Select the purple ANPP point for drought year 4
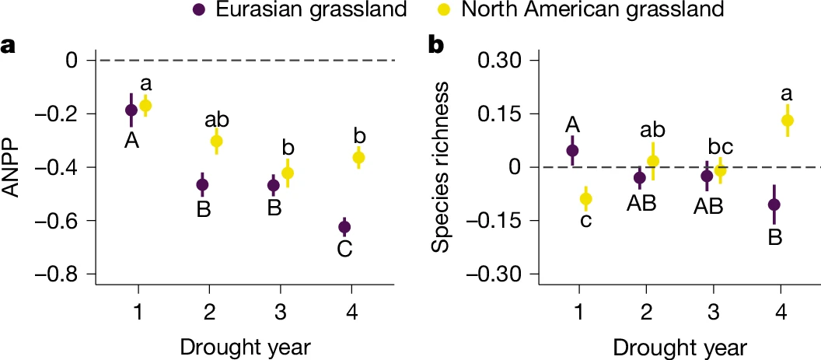[344, 227]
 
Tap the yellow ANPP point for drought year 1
[145, 106]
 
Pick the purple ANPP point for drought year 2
[203, 185]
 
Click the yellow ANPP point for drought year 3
[288, 173]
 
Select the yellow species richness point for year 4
[788, 121]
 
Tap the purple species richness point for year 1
[572, 150]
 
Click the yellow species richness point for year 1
[586, 199]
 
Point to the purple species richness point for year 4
[774, 204]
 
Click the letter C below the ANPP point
[345, 250]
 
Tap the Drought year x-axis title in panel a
[246, 347]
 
